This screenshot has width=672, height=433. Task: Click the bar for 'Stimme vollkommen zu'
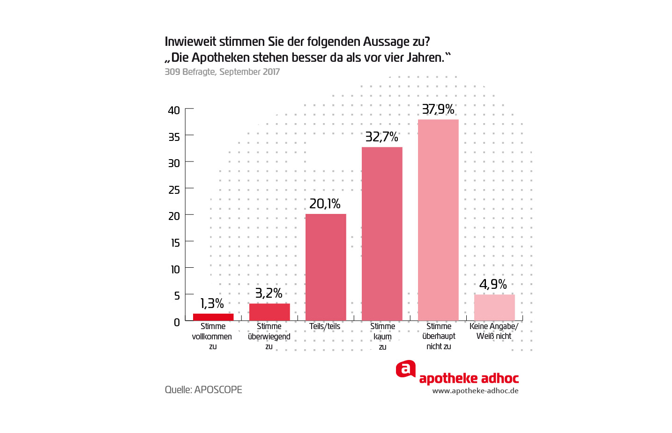click(213, 317)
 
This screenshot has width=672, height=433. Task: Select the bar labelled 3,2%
click(269, 312)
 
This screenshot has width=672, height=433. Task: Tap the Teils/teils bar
click(326, 267)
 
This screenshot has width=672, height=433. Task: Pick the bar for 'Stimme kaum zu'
click(382, 234)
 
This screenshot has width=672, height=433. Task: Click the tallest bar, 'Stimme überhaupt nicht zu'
click(438, 220)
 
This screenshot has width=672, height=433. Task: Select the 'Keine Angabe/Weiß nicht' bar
click(494, 308)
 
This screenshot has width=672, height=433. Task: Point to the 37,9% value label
click(438, 109)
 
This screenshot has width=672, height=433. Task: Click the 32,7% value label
click(381, 137)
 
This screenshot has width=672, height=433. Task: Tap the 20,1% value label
click(325, 204)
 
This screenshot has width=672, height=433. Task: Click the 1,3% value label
click(212, 303)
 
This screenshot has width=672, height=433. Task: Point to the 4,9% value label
click(493, 284)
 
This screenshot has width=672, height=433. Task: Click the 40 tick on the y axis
click(174, 110)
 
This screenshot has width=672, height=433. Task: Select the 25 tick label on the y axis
click(174, 190)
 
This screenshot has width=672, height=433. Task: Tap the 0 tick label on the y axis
click(177, 322)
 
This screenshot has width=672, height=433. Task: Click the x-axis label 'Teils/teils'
click(325, 326)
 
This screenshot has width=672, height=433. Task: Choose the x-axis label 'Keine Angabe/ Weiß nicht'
click(494, 331)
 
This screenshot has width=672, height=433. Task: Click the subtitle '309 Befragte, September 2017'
click(222, 72)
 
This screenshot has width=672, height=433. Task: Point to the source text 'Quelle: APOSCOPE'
click(203, 389)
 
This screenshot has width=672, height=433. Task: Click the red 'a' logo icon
click(406, 369)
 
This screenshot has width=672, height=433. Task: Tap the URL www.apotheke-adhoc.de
click(475, 391)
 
